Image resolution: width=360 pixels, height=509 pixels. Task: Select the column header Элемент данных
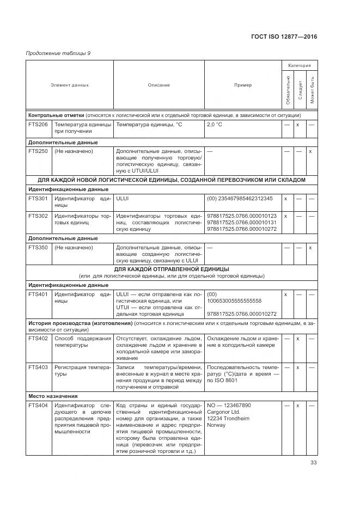[70, 85]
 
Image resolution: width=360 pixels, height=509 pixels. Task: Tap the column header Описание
[158, 85]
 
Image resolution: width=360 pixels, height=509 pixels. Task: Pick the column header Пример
[243, 85]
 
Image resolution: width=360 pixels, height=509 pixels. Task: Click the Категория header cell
[299, 65]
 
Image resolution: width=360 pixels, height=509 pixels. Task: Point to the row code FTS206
[38, 125]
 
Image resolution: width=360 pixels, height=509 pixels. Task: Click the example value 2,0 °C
[215, 125]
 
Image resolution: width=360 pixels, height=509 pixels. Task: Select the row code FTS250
[38, 151]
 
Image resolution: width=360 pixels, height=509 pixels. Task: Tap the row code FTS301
[38, 199]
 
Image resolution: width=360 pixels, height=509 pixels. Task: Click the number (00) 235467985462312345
[240, 199]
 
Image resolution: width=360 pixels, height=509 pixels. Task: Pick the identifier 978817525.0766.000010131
[242, 223]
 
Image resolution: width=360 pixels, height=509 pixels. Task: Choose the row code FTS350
[38, 247]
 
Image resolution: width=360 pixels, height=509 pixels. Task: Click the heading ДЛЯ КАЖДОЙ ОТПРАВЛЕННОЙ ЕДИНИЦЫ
[172, 269]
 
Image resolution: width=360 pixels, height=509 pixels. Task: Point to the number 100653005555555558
[234, 301]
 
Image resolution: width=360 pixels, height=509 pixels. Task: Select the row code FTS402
[38, 339]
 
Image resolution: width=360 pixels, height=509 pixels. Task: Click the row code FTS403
[38, 367]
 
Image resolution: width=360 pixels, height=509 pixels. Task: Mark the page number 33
[313, 463]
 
